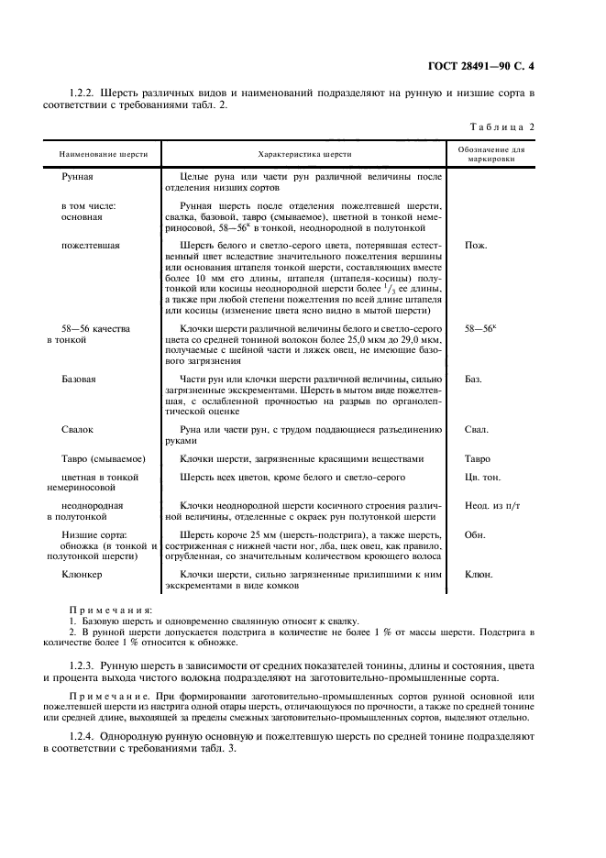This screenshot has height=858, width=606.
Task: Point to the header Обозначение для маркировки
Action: point(490,153)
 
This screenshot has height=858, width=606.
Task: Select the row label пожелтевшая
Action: point(85,246)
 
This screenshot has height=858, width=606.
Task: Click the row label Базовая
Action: point(79,379)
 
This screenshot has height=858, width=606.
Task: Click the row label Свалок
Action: point(77,429)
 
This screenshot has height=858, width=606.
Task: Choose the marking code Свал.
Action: point(477,429)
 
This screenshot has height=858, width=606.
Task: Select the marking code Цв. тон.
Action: point(483,478)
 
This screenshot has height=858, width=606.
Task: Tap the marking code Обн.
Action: point(475,534)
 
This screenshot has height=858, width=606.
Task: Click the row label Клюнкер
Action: point(82,575)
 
